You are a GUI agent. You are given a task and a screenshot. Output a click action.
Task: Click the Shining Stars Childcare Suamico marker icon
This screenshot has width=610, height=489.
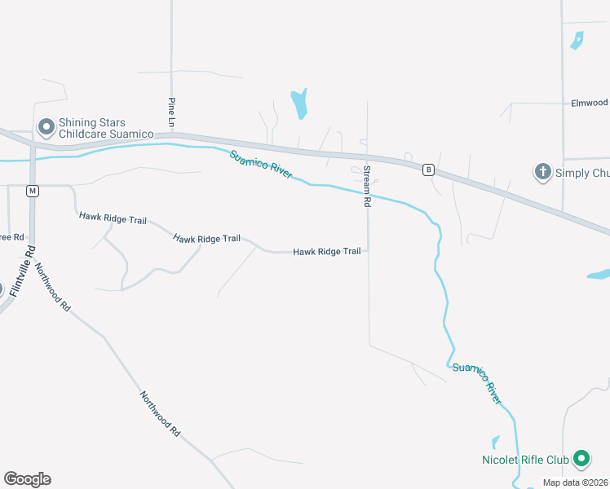(x=46, y=126)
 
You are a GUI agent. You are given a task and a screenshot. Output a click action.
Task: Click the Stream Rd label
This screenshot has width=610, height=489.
(x=367, y=186)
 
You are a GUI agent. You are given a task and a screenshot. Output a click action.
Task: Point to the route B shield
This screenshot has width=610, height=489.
(x=427, y=170)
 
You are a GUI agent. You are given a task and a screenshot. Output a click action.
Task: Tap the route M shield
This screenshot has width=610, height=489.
(x=33, y=191)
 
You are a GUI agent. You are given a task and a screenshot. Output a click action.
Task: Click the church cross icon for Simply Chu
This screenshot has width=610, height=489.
(x=542, y=172)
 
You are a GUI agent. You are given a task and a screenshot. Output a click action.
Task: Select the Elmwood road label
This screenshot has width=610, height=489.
(x=590, y=103)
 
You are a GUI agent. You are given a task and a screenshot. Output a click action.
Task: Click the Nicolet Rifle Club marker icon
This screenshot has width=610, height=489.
(x=581, y=460)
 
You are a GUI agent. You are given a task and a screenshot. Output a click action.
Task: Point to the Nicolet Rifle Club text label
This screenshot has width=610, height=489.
(x=523, y=460)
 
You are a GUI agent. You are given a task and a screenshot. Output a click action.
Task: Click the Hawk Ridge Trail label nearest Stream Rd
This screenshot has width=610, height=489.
(x=327, y=252)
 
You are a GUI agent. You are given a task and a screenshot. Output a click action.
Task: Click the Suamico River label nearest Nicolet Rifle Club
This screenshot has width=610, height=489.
(x=477, y=380)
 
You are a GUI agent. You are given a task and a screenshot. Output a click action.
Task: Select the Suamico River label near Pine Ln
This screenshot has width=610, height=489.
(x=260, y=165)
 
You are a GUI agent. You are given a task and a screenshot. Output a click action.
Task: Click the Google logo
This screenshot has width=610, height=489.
(x=27, y=479)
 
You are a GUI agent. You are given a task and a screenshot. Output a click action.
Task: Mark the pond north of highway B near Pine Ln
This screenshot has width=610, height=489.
(x=299, y=104)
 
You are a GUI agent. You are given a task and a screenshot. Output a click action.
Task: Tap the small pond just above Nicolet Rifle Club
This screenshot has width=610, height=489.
(x=495, y=442)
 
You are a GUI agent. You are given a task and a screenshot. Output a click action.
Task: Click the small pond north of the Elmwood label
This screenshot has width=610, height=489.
(x=577, y=40)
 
